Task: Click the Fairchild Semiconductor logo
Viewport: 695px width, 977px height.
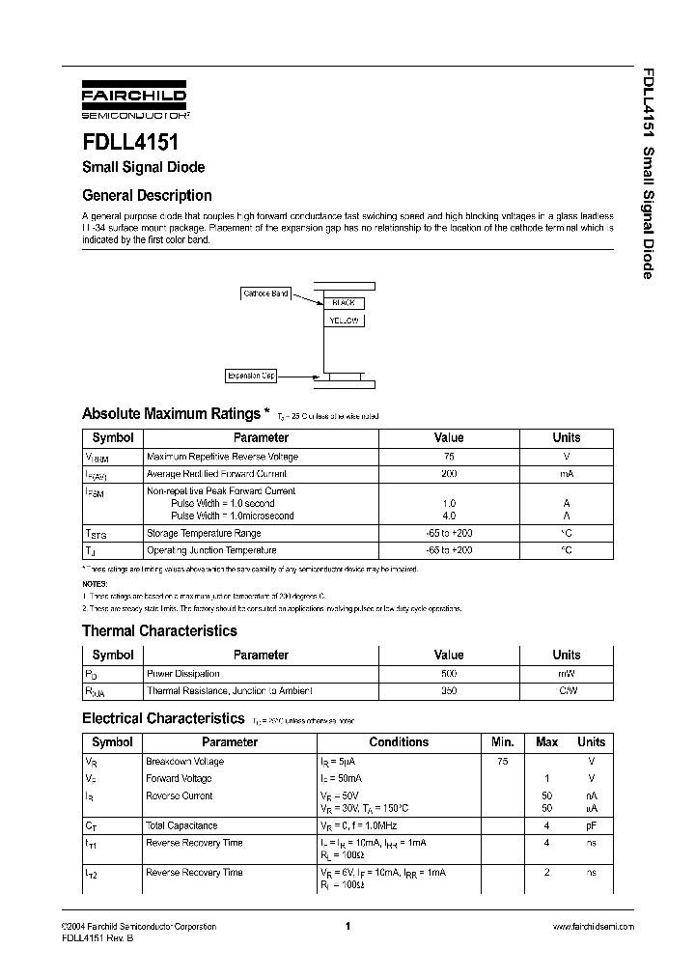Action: [x=133, y=101]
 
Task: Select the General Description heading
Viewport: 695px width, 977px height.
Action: [x=147, y=195]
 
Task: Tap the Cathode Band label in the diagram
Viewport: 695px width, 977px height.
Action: [x=265, y=293]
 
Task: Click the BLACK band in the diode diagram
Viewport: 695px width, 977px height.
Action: [x=344, y=303]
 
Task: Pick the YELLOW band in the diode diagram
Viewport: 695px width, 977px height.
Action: [x=344, y=321]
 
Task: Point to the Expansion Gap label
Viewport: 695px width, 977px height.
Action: [x=251, y=376]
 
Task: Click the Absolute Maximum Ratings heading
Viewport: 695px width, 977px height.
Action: [x=171, y=414]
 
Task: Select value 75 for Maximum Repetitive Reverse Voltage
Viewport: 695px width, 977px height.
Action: [x=449, y=457]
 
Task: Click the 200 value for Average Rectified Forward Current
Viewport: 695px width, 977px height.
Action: [x=449, y=474]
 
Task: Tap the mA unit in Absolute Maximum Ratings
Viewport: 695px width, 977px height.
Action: [x=566, y=474]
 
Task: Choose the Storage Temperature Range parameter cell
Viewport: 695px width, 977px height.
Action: [x=204, y=533]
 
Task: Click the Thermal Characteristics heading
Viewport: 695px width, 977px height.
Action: [x=159, y=631]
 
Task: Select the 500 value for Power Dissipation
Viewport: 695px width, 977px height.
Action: [x=449, y=674]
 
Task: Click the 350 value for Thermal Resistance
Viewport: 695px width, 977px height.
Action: [x=449, y=691]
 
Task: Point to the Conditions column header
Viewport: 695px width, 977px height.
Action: [x=399, y=742]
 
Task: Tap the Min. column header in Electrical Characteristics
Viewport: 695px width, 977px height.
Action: [x=502, y=742]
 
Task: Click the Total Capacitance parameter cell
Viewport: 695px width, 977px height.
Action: [x=181, y=825]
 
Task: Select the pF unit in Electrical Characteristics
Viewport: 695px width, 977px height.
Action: [x=591, y=825]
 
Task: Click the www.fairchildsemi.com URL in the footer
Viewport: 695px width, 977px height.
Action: [x=593, y=927]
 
